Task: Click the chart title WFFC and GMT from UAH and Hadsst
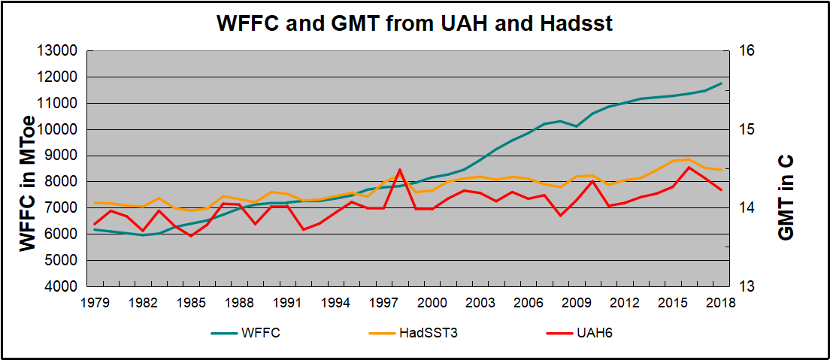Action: coord(414,23)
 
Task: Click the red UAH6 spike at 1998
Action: coord(400,170)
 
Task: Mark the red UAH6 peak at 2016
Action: coord(689,167)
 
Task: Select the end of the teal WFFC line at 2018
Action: coord(721,83)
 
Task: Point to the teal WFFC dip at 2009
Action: coord(577,126)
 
